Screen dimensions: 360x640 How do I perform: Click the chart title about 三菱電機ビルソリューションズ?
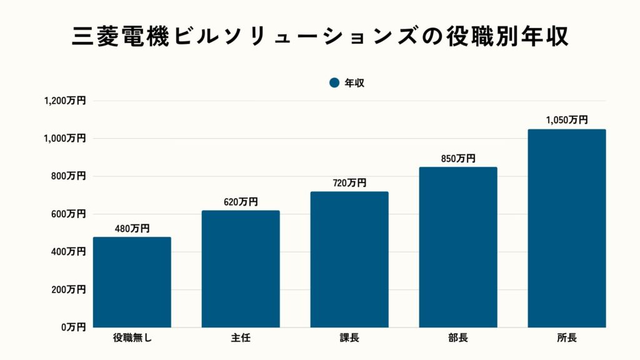point(320,37)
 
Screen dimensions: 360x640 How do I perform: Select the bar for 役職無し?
point(132,282)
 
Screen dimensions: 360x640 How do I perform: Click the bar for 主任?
point(241,269)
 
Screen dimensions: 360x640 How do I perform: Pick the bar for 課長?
point(349,259)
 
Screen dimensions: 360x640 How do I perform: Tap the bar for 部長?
point(458,247)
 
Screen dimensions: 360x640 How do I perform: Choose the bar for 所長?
point(567,228)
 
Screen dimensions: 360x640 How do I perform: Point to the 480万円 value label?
point(132,229)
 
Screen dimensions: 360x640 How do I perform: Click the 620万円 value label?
point(241,202)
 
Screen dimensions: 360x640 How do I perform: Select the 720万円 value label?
point(349,183)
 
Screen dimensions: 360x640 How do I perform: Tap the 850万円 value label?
point(458,159)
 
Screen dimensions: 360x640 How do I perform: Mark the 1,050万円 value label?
point(567,121)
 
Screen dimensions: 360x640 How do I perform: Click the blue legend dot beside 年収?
point(334,82)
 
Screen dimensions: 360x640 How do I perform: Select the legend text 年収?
point(354,82)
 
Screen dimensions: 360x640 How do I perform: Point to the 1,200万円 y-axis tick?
point(64,101)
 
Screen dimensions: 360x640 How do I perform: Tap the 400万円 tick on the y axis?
point(68,252)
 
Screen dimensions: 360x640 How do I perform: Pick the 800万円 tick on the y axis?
point(68,176)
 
